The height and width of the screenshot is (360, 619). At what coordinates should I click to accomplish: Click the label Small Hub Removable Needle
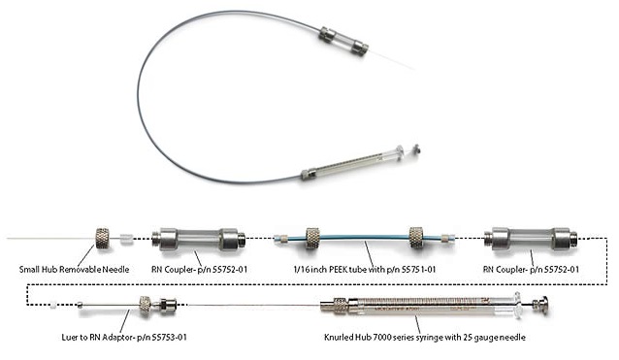coord(74,270)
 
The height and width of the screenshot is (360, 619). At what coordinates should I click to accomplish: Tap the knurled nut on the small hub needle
coord(103,238)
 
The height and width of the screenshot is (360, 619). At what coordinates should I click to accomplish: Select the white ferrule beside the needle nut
coord(125,239)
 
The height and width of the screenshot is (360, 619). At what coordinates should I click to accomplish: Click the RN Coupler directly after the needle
coord(199,240)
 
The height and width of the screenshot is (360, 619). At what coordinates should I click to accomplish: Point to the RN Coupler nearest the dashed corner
coord(531,239)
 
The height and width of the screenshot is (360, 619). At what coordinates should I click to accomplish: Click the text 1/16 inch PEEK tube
coord(330,270)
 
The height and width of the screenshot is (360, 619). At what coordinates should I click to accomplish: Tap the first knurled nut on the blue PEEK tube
coord(312,238)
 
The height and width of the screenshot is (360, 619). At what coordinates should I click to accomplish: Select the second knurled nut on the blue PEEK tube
coord(416,237)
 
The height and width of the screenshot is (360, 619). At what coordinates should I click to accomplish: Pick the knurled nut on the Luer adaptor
coord(145,306)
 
